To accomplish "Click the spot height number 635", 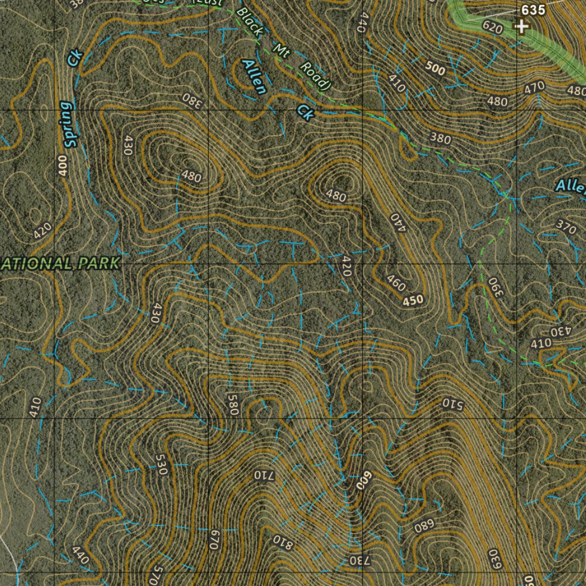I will (533, 10).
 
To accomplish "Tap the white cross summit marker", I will (521, 26).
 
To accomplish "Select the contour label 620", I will (492, 28).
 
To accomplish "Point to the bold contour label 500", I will (435, 70).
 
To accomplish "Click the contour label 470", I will (534, 88).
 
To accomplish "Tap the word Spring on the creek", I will (68, 124).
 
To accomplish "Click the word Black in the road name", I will (249, 22).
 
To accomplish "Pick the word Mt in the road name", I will (281, 50).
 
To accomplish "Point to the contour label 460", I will (396, 283).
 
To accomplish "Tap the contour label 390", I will (494, 287).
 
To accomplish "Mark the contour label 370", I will (566, 227).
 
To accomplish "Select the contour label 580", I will (232, 403).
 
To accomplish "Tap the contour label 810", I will (283, 541).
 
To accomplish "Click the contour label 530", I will (160, 465).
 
